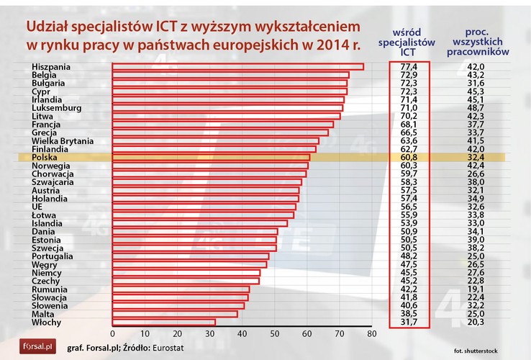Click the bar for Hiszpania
pyautogui.click(x=237, y=67)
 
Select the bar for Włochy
pyautogui.click(x=164, y=322)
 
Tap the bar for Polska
pyautogui.click(x=211, y=157)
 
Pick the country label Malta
pyautogui.click(x=44, y=313)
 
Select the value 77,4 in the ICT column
pyautogui.click(x=409, y=67)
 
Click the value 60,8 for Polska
pyautogui.click(x=409, y=157)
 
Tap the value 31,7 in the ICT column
pyautogui.click(x=409, y=322)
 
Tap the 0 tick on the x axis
pyautogui.click(x=113, y=334)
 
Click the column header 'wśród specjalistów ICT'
pyautogui.click(x=407, y=42)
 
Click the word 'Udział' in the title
pyautogui.click(x=49, y=27)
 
